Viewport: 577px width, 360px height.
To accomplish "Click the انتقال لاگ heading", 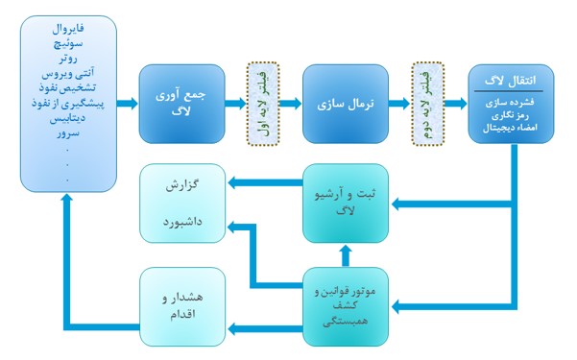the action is click(x=512, y=80).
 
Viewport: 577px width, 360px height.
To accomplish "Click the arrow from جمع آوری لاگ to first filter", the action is click(x=231, y=103).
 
